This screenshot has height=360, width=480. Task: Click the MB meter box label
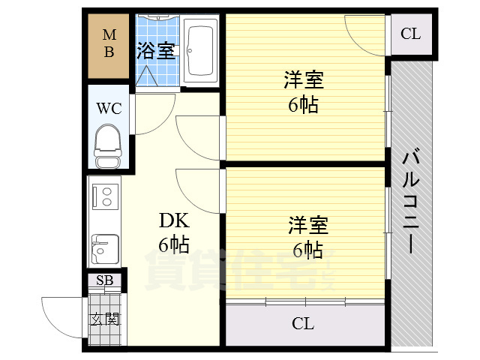point(109,43)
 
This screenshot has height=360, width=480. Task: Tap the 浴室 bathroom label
point(156,51)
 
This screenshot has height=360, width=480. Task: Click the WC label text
point(108,107)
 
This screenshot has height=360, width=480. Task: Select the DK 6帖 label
point(173,232)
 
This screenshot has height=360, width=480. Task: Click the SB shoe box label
point(103,280)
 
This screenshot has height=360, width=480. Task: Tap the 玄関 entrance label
point(104,318)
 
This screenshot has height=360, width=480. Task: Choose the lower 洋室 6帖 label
point(307,237)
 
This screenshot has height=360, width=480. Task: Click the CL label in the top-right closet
point(410,34)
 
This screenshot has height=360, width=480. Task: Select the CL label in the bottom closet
point(303,324)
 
